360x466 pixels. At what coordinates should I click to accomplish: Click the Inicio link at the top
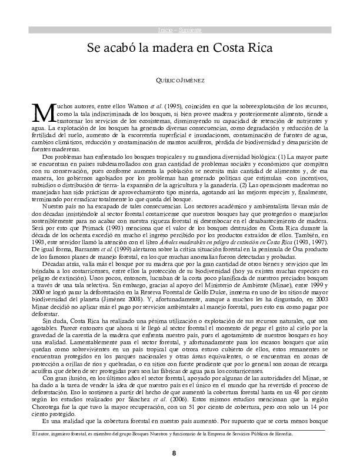click(x=165, y=30)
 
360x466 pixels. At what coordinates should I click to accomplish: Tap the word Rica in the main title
click(x=258, y=49)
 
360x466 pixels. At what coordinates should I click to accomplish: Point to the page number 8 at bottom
click(x=174, y=453)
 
